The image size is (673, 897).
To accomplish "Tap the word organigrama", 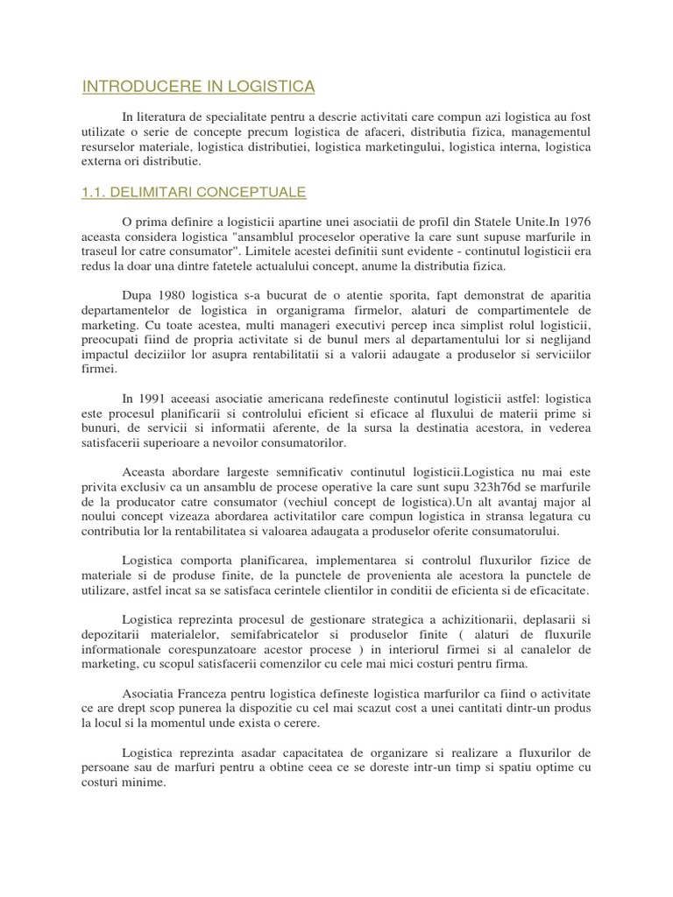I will coord(348,310).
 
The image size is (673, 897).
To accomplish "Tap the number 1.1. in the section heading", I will coord(96,192).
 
